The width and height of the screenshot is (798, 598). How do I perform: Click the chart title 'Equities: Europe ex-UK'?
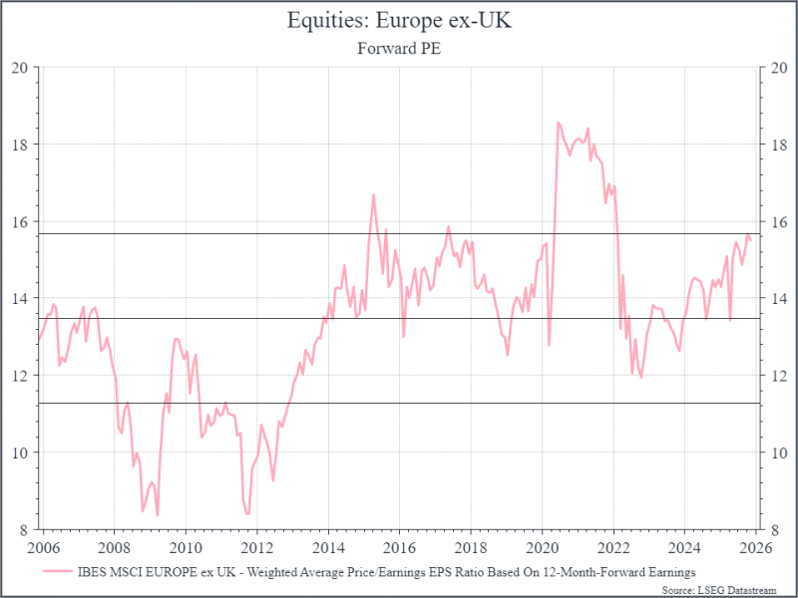click(399, 21)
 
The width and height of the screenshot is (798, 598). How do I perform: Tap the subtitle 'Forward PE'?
click(399, 46)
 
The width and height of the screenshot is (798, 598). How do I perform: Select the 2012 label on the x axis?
click(257, 547)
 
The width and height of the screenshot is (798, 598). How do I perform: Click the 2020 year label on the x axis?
click(542, 547)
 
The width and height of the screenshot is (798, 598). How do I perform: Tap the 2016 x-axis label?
click(399, 547)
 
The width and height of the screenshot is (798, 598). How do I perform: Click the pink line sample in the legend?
click(57, 571)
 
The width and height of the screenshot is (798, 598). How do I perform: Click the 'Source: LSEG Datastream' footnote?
click(730, 588)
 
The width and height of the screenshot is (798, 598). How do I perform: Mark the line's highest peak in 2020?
click(558, 123)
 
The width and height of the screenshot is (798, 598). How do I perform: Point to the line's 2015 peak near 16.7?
click(373, 194)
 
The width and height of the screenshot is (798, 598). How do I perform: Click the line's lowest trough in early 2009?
click(158, 514)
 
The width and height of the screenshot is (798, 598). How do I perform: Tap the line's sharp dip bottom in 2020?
click(550, 345)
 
